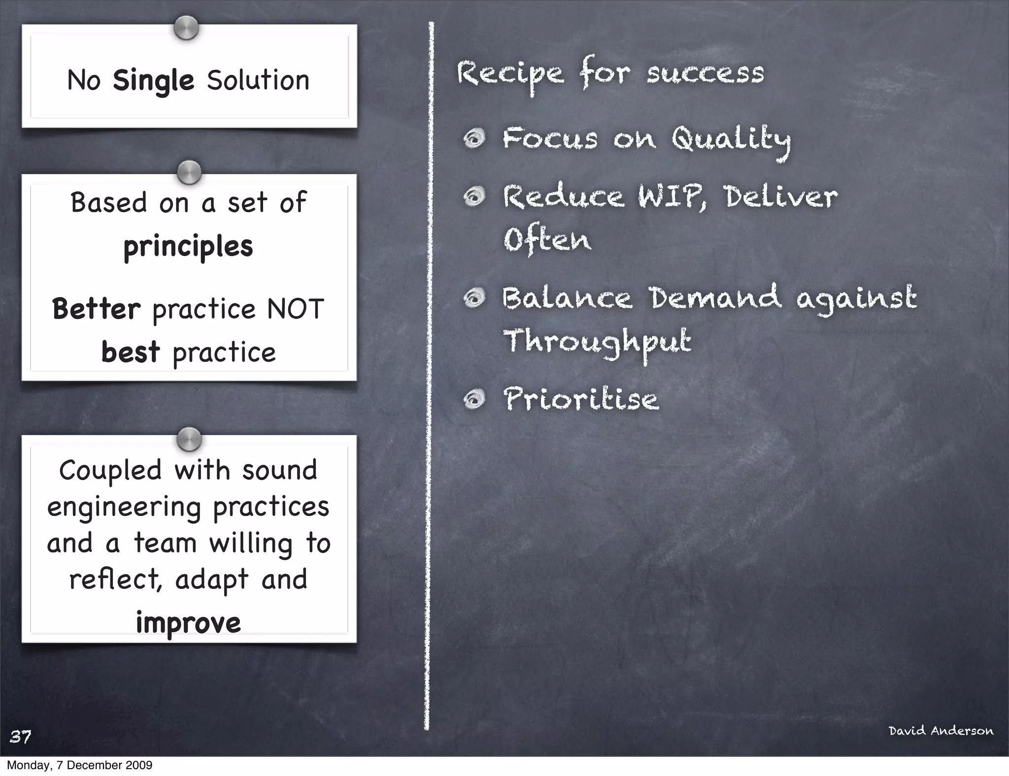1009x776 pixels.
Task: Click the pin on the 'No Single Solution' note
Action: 186,28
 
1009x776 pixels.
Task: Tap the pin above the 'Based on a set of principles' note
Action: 189,172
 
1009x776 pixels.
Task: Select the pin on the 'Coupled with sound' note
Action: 189,439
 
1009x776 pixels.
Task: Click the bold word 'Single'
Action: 153,81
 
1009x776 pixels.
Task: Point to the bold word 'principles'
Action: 188,247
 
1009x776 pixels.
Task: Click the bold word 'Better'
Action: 97,309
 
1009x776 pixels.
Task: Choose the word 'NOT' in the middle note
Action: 296,309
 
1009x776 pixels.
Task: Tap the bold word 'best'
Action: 131,352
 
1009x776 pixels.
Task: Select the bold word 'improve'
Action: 189,623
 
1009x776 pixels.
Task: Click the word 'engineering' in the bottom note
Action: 124,507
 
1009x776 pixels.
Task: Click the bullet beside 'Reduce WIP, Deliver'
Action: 474,197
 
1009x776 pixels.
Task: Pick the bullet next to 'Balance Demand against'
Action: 474,298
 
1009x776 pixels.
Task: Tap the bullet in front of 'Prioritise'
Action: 474,399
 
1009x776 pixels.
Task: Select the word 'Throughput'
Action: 597,342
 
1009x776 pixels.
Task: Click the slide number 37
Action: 21,737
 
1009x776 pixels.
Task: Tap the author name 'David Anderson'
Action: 941,731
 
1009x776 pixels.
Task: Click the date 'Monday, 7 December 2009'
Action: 79,765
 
